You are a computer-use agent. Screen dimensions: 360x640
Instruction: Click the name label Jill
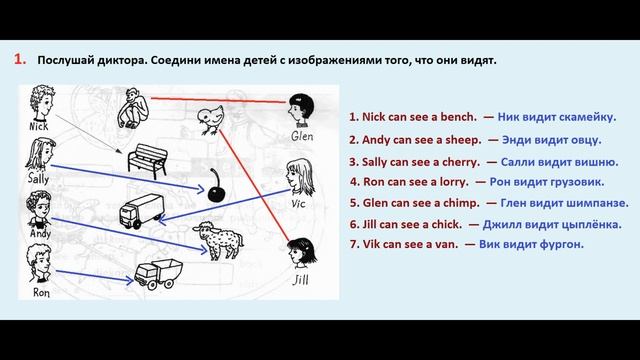point(301,281)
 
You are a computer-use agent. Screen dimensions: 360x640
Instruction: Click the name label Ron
point(41,293)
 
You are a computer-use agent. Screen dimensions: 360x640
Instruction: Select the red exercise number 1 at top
point(19,60)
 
